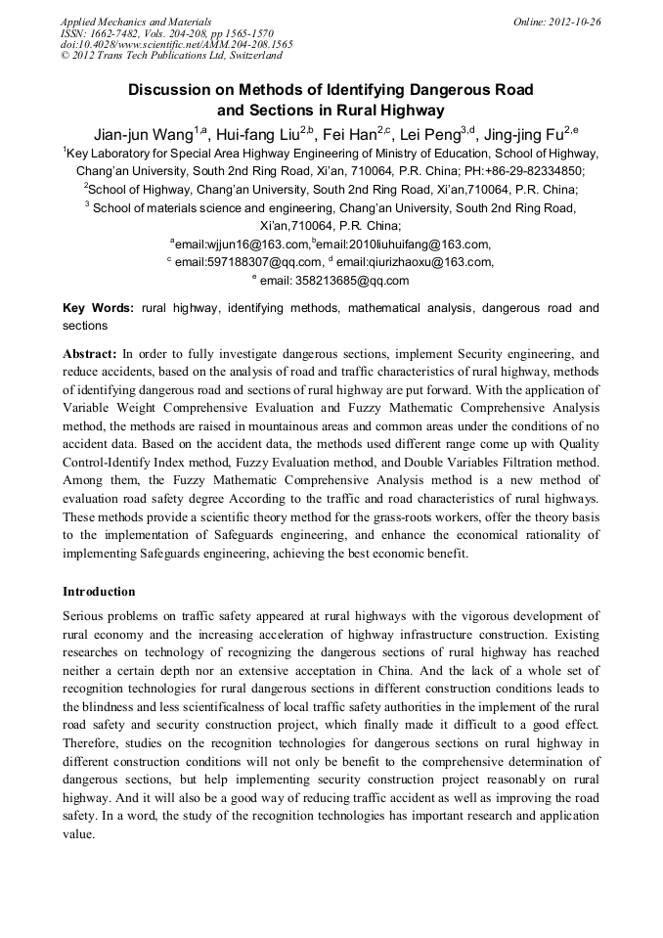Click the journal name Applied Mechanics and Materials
tap(136, 21)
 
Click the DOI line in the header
tap(176, 44)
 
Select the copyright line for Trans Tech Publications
tap(171, 56)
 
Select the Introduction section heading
tap(99, 592)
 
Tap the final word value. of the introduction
tap(78, 835)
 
